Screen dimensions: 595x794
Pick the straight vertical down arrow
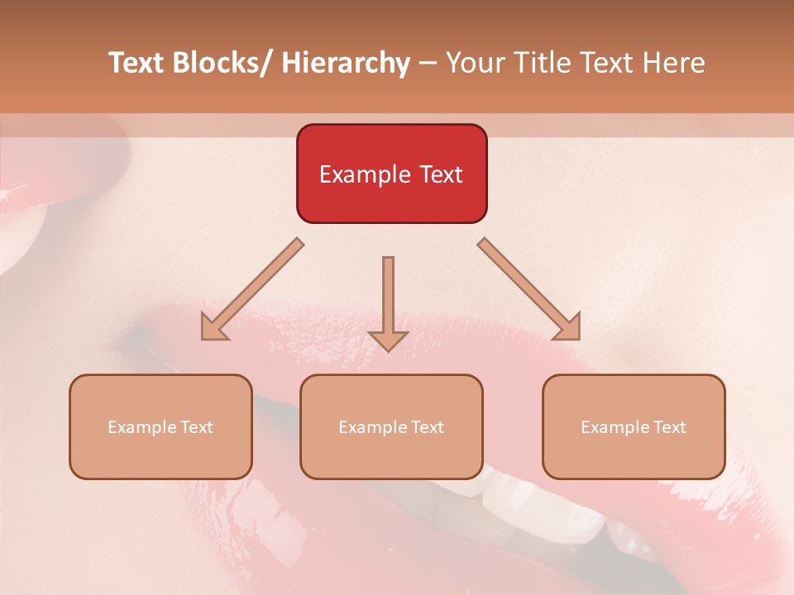pyautogui.click(x=388, y=297)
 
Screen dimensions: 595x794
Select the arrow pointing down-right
pyautogui.click(x=530, y=290)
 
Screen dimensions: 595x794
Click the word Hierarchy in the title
pyautogui.click(x=346, y=63)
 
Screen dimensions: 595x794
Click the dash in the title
pyautogui.click(x=428, y=64)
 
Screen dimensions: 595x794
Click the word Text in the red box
pyautogui.click(x=440, y=174)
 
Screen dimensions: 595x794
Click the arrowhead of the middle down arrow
pyautogui.click(x=388, y=340)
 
